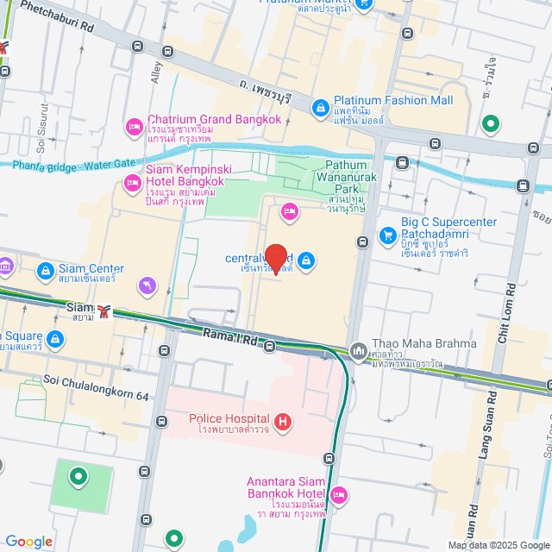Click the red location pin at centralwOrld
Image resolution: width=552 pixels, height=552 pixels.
[275, 258]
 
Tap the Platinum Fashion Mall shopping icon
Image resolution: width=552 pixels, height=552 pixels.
[320, 107]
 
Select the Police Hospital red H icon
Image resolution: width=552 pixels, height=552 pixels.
[283, 423]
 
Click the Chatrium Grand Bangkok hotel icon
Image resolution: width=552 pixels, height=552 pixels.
[134, 127]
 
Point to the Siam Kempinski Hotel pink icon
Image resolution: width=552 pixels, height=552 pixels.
[132, 182]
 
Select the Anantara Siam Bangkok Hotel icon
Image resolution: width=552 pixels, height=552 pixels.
[339, 495]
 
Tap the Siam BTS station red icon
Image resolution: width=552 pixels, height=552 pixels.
[104, 312]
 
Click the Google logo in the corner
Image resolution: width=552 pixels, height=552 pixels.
[28, 541]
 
